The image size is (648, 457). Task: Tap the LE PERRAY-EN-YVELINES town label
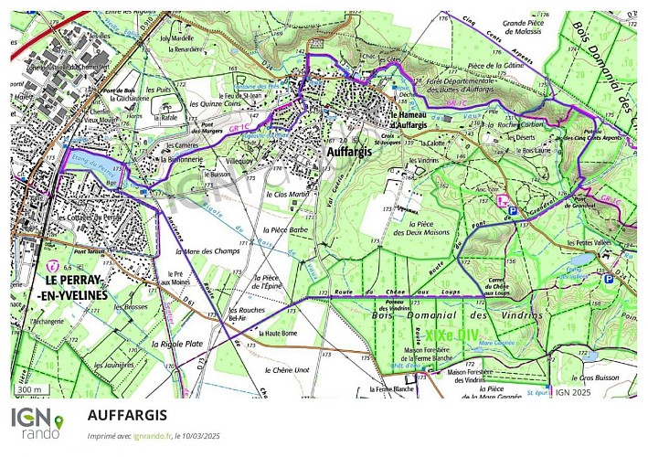[76, 287]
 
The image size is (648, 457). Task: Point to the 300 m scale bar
[31, 390]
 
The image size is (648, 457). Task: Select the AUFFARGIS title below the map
[128, 414]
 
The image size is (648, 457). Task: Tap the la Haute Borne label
[281, 335]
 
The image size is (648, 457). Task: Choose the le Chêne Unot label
[295, 370]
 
